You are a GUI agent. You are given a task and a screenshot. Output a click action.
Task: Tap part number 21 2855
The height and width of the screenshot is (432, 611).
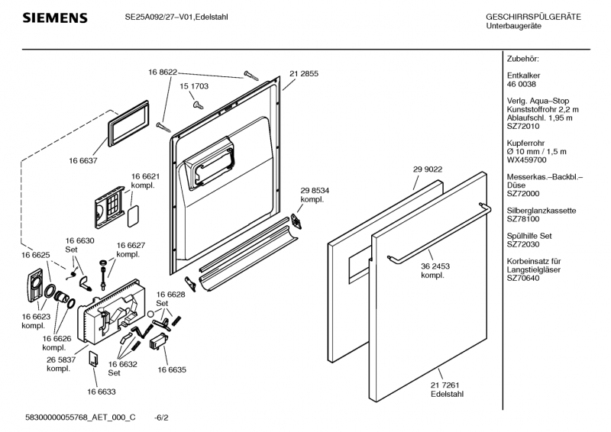[x=304, y=73]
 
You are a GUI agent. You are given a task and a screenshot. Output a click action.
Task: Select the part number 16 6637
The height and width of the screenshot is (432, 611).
[x=83, y=161]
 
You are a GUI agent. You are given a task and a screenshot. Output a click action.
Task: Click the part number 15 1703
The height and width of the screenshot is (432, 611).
[x=194, y=87]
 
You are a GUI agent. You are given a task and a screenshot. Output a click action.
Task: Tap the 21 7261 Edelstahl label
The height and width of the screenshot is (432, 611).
[x=446, y=388]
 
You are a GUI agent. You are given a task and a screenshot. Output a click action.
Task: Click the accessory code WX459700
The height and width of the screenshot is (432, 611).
[x=525, y=160]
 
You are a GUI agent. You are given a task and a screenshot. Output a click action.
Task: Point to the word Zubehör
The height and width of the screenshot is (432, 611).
[x=523, y=59]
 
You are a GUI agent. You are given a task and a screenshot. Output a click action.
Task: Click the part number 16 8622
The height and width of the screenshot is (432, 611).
[x=162, y=72]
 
